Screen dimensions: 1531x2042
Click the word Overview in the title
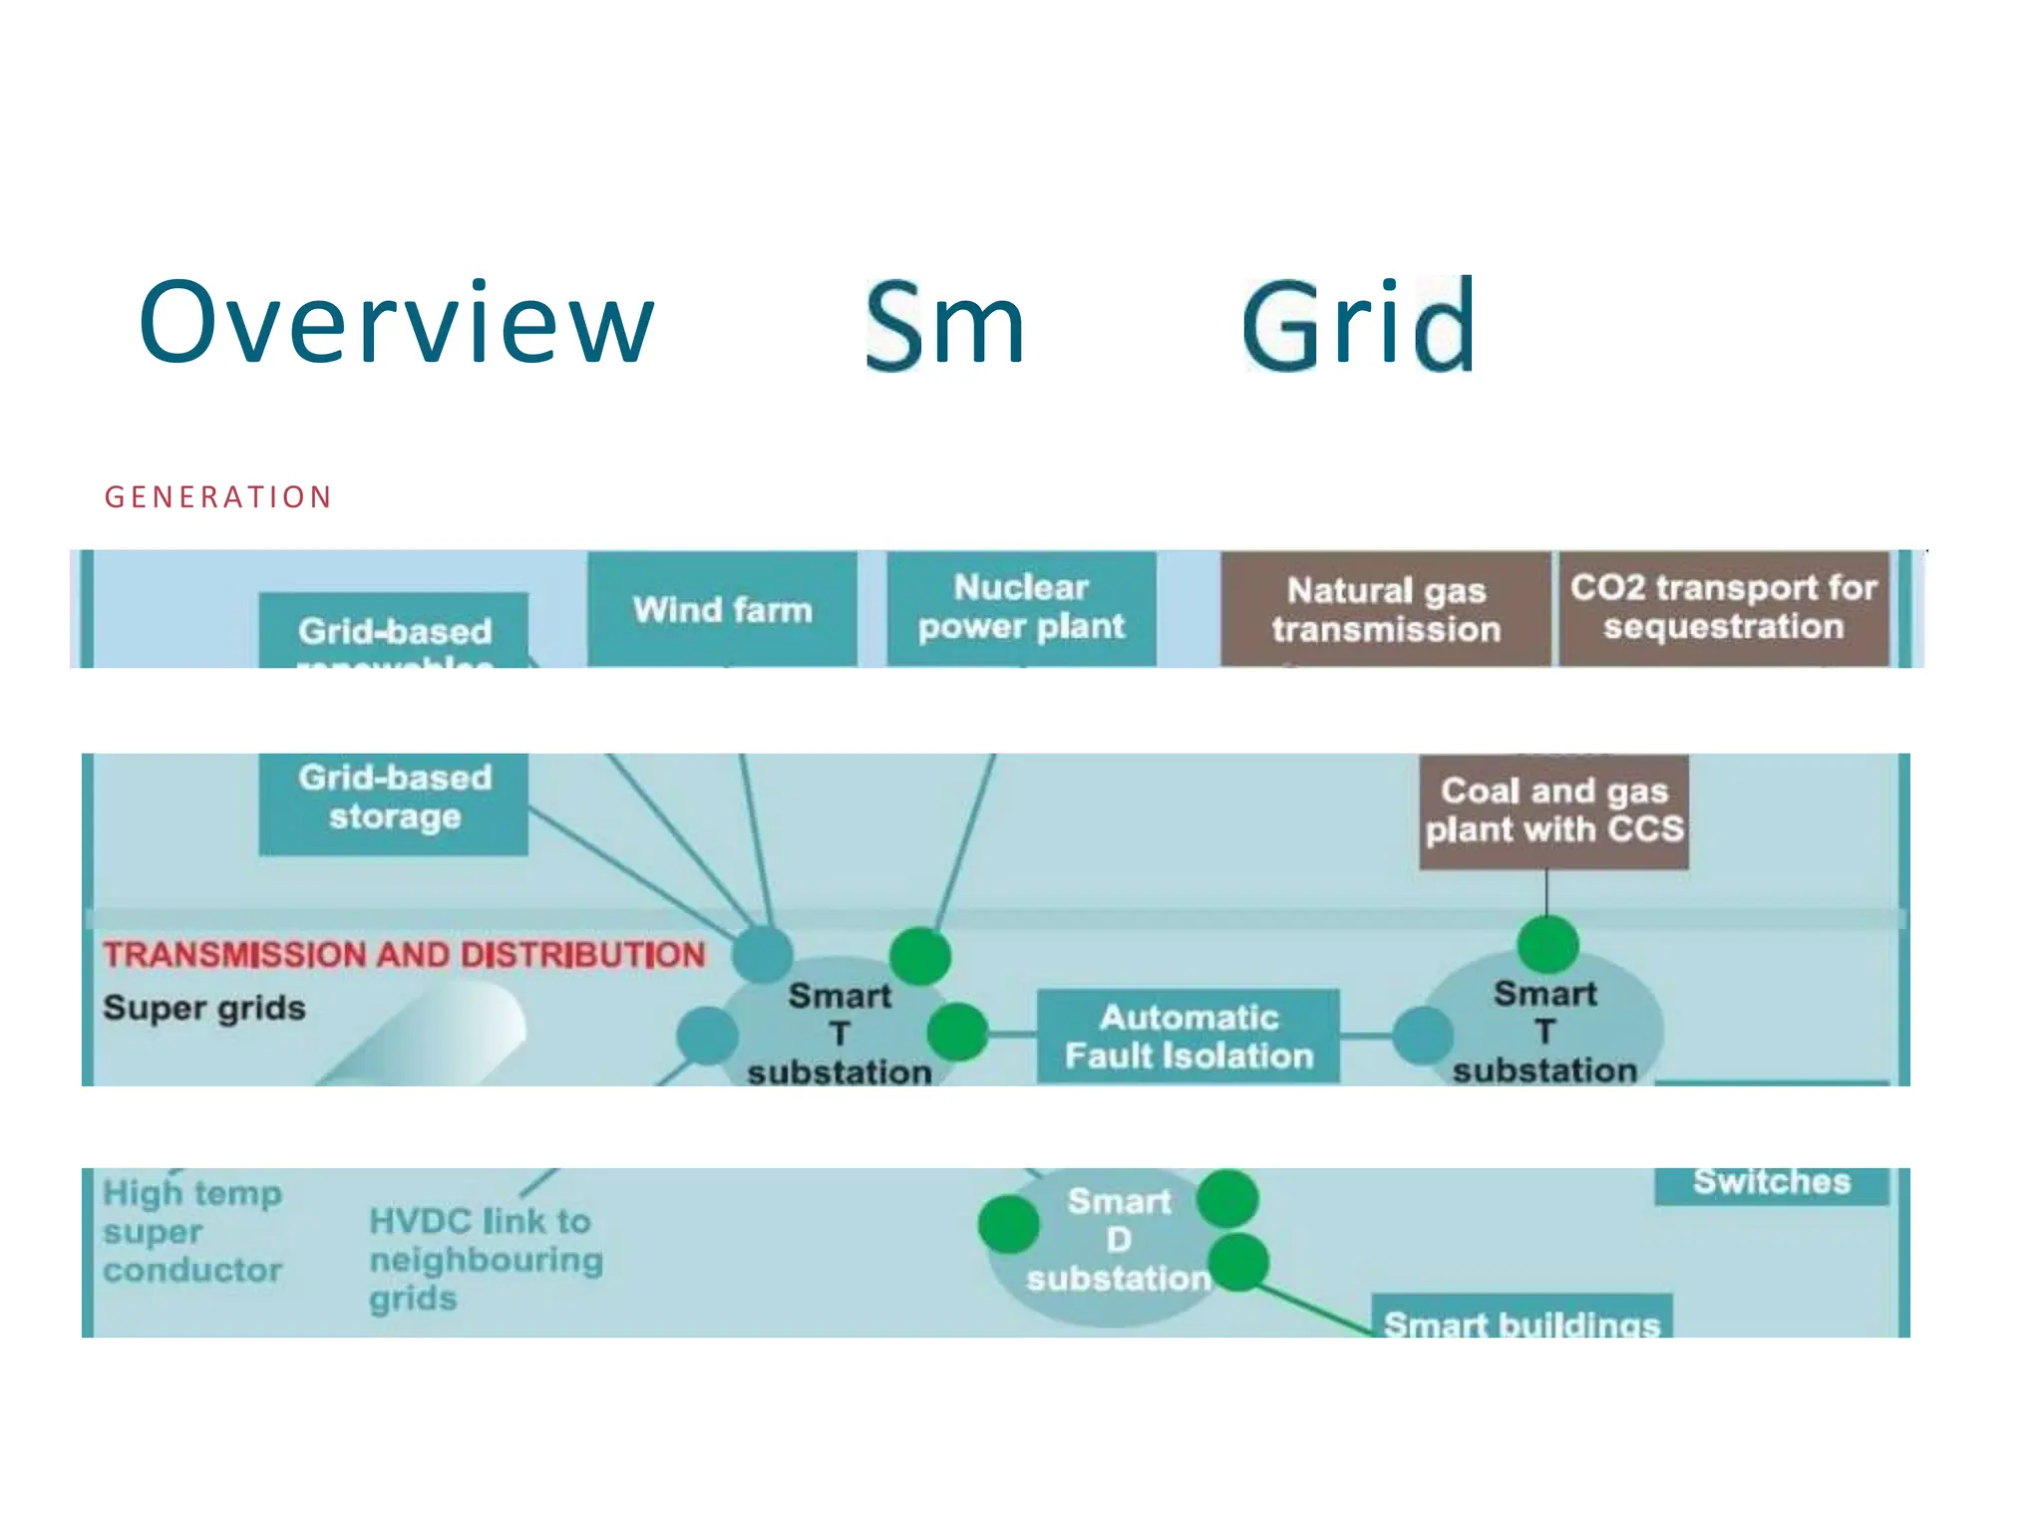396,324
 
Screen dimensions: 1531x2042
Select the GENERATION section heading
217,497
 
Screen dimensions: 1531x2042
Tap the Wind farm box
722,609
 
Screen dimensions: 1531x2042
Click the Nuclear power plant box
1021,607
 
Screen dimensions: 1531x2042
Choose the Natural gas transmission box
1386,609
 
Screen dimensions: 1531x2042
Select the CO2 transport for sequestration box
1724,607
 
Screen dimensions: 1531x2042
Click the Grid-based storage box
394,798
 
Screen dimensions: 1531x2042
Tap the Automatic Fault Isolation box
1189,1036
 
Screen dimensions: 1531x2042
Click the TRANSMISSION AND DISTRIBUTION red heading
404,955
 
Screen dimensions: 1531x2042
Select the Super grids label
204,1008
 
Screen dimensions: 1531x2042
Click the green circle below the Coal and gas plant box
1547,944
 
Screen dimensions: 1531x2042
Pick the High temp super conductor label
192,1231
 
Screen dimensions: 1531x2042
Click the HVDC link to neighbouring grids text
485,1259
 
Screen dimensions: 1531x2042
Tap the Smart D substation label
1118,1240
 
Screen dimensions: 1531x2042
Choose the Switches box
1772,1184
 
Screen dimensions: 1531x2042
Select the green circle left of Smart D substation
1009,1224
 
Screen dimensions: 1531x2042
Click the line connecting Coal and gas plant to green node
1547,892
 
